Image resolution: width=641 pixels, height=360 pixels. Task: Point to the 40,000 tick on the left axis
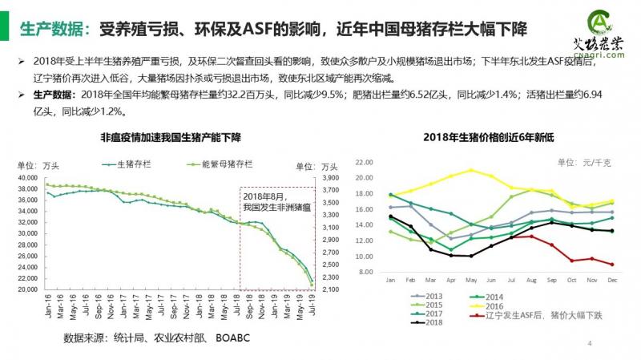[x=27, y=178]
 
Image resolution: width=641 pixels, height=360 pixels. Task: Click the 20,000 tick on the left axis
[x=27, y=289]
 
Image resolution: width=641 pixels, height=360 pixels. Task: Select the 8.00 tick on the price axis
[x=368, y=273]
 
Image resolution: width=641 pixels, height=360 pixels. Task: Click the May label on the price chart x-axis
[x=472, y=281]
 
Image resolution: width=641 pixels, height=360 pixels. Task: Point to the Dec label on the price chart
[x=612, y=281]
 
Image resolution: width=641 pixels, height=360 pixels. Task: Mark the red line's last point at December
[x=612, y=265]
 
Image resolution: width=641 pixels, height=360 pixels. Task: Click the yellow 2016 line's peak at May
[x=471, y=170]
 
